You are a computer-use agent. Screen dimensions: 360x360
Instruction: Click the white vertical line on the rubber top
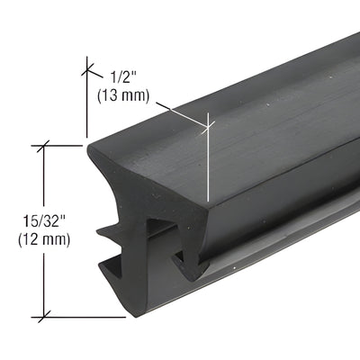point(209,162)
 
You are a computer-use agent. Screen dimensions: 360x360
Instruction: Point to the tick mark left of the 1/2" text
point(87,67)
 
